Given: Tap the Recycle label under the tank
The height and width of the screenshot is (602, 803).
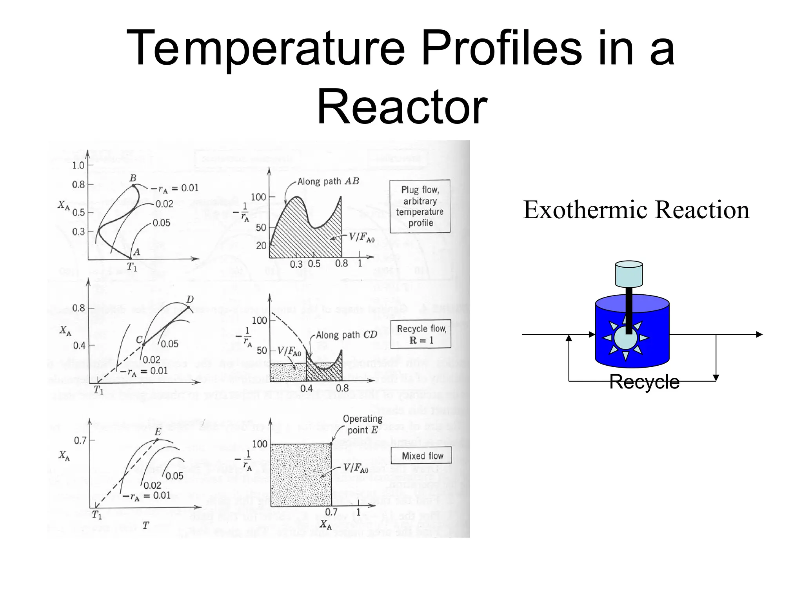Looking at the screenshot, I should pos(644,382).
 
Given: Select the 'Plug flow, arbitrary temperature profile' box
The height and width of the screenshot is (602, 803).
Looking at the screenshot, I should pos(420,207).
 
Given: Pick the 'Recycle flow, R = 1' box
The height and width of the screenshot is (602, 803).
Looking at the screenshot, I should pos(421,334).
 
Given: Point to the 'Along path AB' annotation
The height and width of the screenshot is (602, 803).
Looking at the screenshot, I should pos(328,181).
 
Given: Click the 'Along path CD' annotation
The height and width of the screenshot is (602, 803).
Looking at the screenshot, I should pos(346,335).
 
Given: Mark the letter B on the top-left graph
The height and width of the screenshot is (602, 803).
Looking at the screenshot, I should pos(133,178).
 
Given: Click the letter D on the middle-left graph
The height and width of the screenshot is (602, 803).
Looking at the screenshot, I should pos(190,300).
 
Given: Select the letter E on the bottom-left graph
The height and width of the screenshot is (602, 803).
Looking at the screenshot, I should pos(158,432).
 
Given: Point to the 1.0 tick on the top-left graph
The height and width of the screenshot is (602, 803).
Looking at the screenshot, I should pos(78,165).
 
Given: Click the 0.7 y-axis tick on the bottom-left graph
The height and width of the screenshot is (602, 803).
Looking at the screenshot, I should pos(80,441).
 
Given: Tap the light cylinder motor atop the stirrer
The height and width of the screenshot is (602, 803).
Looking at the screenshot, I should pos(629,274).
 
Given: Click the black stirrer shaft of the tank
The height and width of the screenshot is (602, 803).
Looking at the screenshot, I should pos(629,310).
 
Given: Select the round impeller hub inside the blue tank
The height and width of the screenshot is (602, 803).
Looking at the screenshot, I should pos(626,338).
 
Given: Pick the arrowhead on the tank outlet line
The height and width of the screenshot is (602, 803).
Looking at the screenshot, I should pos(759,335).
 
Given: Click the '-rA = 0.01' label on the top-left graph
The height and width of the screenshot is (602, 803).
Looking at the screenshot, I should pos(175,189).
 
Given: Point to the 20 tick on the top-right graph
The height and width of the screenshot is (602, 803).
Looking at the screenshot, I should pos(261,246).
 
